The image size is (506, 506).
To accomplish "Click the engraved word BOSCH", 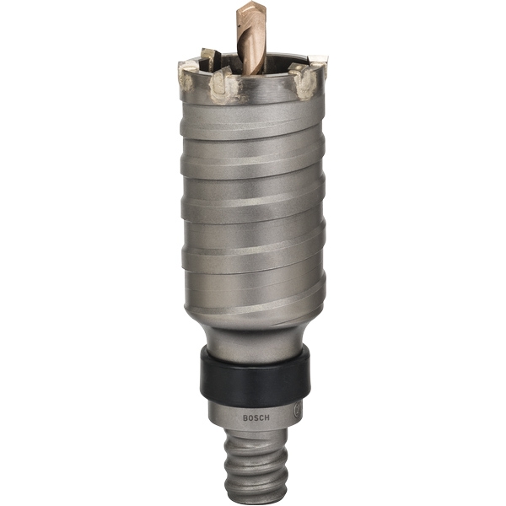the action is (x=256, y=417).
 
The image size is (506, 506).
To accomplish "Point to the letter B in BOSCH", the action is (x=245, y=418).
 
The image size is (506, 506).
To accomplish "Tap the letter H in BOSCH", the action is (x=266, y=417).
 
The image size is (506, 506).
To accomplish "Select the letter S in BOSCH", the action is (x=256, y=418).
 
